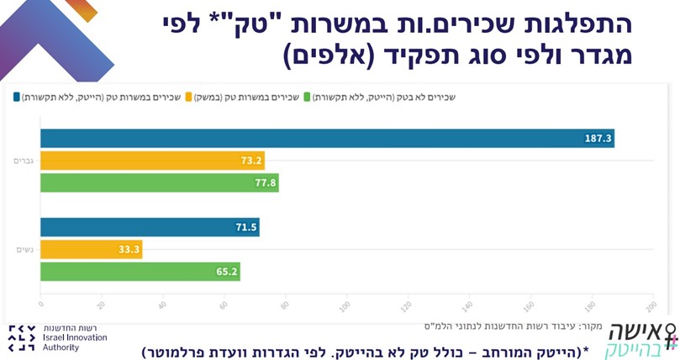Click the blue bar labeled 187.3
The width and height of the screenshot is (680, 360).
tap(327, 138)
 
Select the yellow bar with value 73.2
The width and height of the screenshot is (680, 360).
tap(152, 161)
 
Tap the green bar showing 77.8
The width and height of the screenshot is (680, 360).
tap(160, 183)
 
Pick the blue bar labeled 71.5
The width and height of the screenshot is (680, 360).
tap(150, 227)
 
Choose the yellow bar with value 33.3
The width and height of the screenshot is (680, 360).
tap(91, 249)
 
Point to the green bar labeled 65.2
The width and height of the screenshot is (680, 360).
tap(140, 271)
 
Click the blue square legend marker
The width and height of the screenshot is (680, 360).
tap(17, 97)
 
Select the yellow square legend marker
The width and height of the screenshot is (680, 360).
tap(190, 97)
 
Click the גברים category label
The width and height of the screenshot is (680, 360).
tap(22, 160)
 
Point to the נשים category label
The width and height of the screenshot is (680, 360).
tap(24, 249)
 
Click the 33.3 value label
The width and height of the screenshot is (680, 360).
tap(129, 250)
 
